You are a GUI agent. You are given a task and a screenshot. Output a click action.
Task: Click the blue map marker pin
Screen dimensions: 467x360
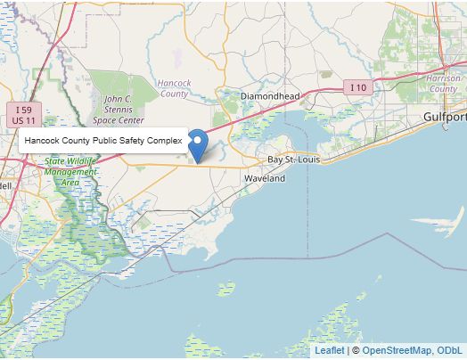coord(199,145)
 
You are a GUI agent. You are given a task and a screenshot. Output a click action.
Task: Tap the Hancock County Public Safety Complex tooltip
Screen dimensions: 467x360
coord(102,141)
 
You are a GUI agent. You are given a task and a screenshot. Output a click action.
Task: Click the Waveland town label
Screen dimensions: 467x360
coord(265,178)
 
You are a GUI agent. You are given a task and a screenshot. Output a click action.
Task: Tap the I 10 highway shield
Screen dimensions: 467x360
coord(357,87)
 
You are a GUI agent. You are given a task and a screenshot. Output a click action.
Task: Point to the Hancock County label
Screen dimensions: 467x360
coord(174,88)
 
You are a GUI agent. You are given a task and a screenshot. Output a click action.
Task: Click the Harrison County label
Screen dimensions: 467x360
coord(444,84)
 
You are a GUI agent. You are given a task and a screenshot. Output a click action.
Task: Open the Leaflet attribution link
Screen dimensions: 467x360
coord(329,351)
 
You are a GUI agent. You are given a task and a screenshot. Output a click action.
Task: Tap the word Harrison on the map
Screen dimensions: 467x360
coord(444,78)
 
